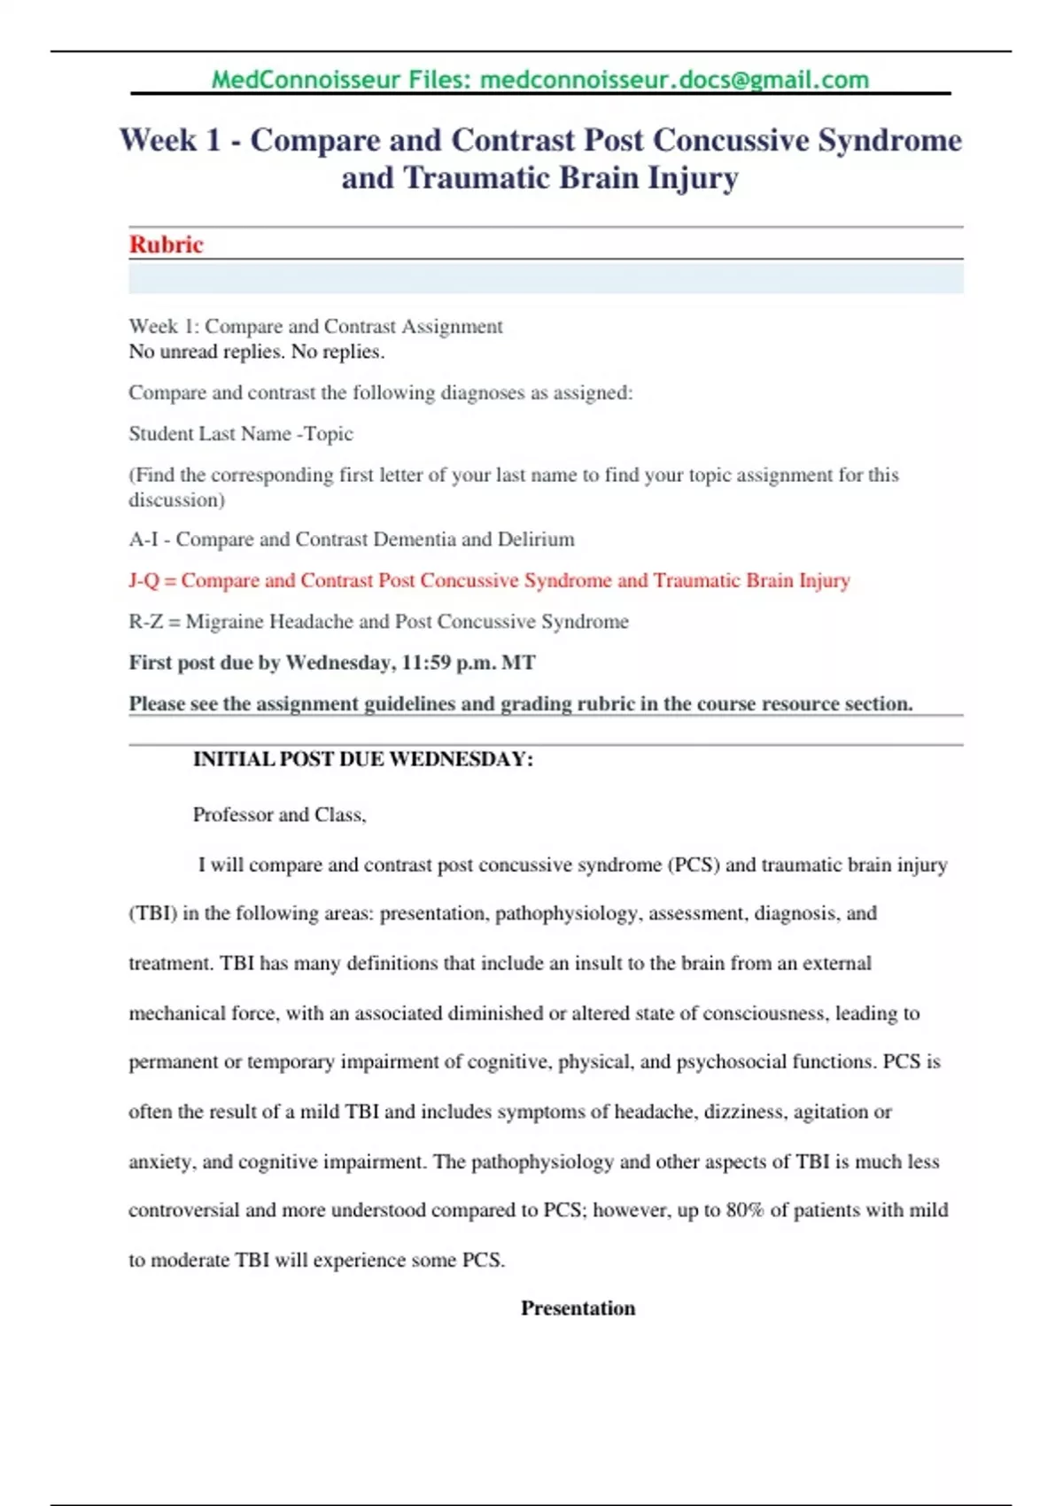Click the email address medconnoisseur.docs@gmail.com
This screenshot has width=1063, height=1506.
point(673,80)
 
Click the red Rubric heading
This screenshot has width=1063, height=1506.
point(166,245)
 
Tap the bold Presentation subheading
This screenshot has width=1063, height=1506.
point(578,1308)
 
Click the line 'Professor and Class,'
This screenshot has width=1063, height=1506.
point(279,814)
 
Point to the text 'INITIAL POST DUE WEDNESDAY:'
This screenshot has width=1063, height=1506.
point(363,759)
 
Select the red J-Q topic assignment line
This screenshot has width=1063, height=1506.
point(489,580)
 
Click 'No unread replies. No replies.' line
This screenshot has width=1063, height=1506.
point(257,352)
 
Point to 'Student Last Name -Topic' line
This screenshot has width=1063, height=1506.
point(241,433)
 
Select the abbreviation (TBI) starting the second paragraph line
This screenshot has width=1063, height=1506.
point(152,913)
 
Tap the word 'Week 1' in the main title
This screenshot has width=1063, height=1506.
point(170,140)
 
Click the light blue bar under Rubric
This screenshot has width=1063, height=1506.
point(546,278)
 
